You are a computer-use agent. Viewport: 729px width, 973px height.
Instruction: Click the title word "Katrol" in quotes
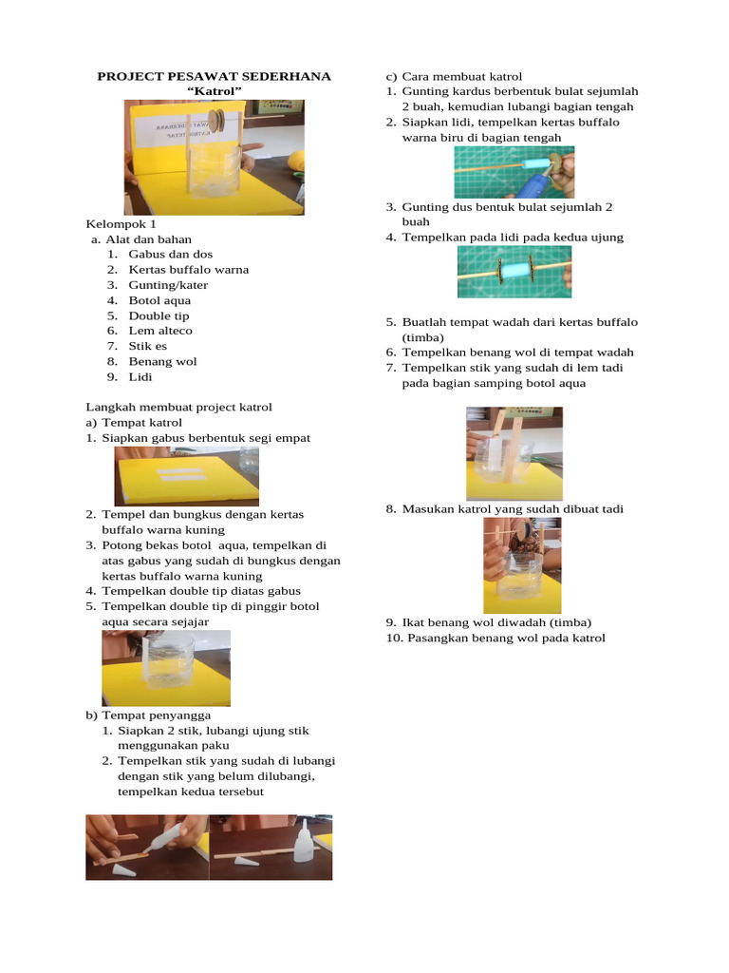215,91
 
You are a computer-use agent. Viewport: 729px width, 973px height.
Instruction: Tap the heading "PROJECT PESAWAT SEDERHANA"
215,76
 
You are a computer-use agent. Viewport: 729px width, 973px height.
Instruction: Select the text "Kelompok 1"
121,224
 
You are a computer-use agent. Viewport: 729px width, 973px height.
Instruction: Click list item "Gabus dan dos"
171,255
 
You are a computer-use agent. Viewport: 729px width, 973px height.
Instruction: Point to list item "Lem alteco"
160,331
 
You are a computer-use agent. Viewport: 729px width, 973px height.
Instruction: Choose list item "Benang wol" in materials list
162,361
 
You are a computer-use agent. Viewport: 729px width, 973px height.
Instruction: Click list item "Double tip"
159,315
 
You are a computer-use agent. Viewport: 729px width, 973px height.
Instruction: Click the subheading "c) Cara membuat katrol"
453,76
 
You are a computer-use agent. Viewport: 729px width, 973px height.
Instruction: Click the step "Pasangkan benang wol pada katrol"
495,638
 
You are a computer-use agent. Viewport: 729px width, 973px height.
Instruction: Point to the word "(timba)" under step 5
422,337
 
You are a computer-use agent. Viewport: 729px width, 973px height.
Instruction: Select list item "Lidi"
140,376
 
